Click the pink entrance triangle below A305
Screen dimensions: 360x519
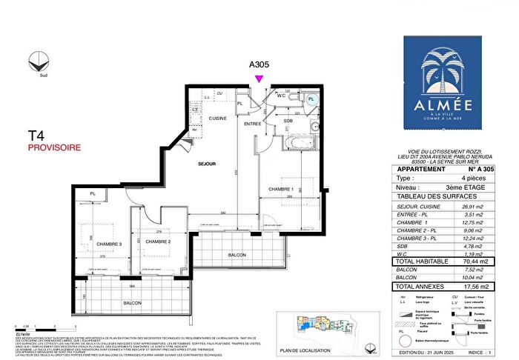coord(259,79)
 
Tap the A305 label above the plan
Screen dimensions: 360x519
coord(259,64)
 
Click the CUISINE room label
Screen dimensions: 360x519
coord(217,118)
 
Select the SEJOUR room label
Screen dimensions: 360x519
coord(206,164)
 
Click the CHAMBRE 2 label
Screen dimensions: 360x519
coord(159,242)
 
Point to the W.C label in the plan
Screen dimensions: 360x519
coord(282,95)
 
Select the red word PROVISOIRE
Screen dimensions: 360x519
coord(54,147)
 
